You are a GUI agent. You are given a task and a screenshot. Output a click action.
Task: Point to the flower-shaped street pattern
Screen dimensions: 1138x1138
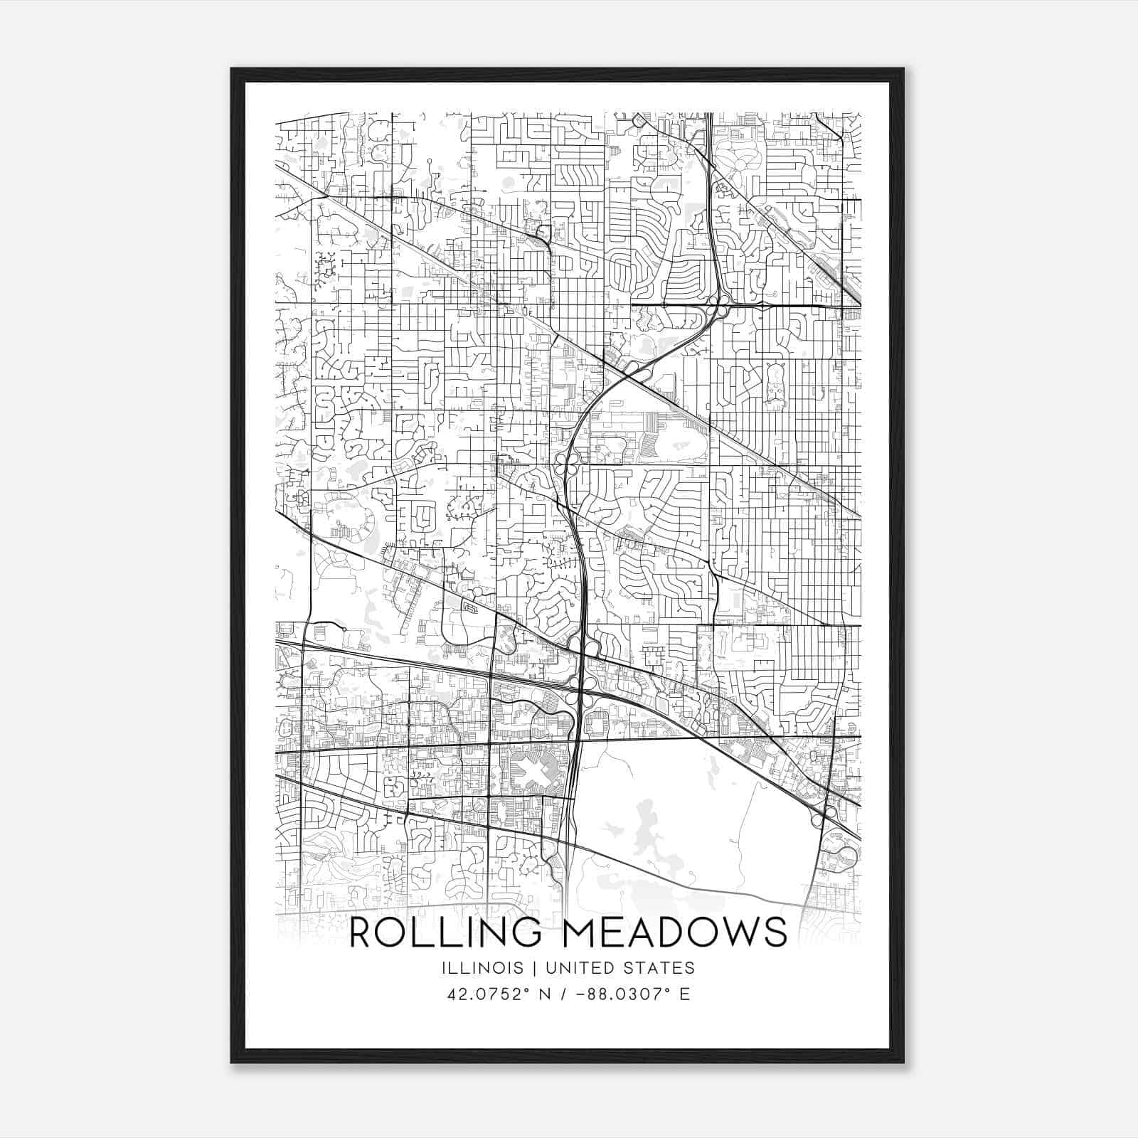pyautogui.click(x=739, y=164)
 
